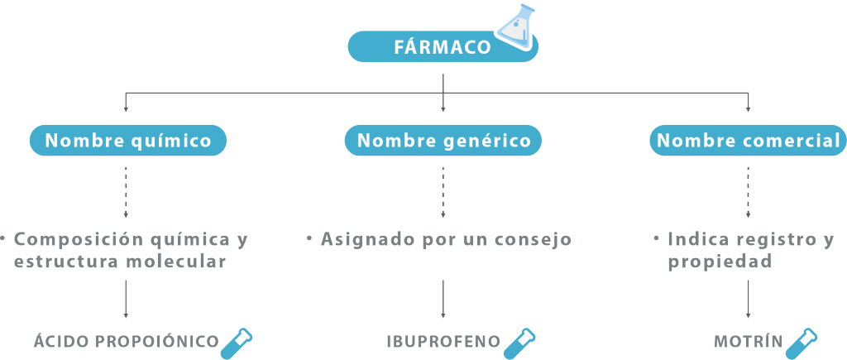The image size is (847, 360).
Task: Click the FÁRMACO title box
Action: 443,46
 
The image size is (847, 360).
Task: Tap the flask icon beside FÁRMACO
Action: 516,25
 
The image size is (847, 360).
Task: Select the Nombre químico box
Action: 128,141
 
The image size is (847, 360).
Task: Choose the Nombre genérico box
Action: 443,141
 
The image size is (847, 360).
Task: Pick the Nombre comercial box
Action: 748,141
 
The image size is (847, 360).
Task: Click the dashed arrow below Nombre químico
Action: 126,192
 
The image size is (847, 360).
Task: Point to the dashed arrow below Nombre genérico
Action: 443,192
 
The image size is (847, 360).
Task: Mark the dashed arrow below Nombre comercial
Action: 748,192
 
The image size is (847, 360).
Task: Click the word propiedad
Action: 720,262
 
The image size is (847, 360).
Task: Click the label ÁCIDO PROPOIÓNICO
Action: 127,342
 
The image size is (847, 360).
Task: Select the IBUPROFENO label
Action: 443,342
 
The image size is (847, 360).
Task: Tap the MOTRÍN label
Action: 748,342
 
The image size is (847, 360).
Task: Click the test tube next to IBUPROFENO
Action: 519,343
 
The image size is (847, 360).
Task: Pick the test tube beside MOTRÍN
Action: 801,343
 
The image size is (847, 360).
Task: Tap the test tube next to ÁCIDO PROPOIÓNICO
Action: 237,343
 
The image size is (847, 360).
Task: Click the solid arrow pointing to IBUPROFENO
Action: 443,299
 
